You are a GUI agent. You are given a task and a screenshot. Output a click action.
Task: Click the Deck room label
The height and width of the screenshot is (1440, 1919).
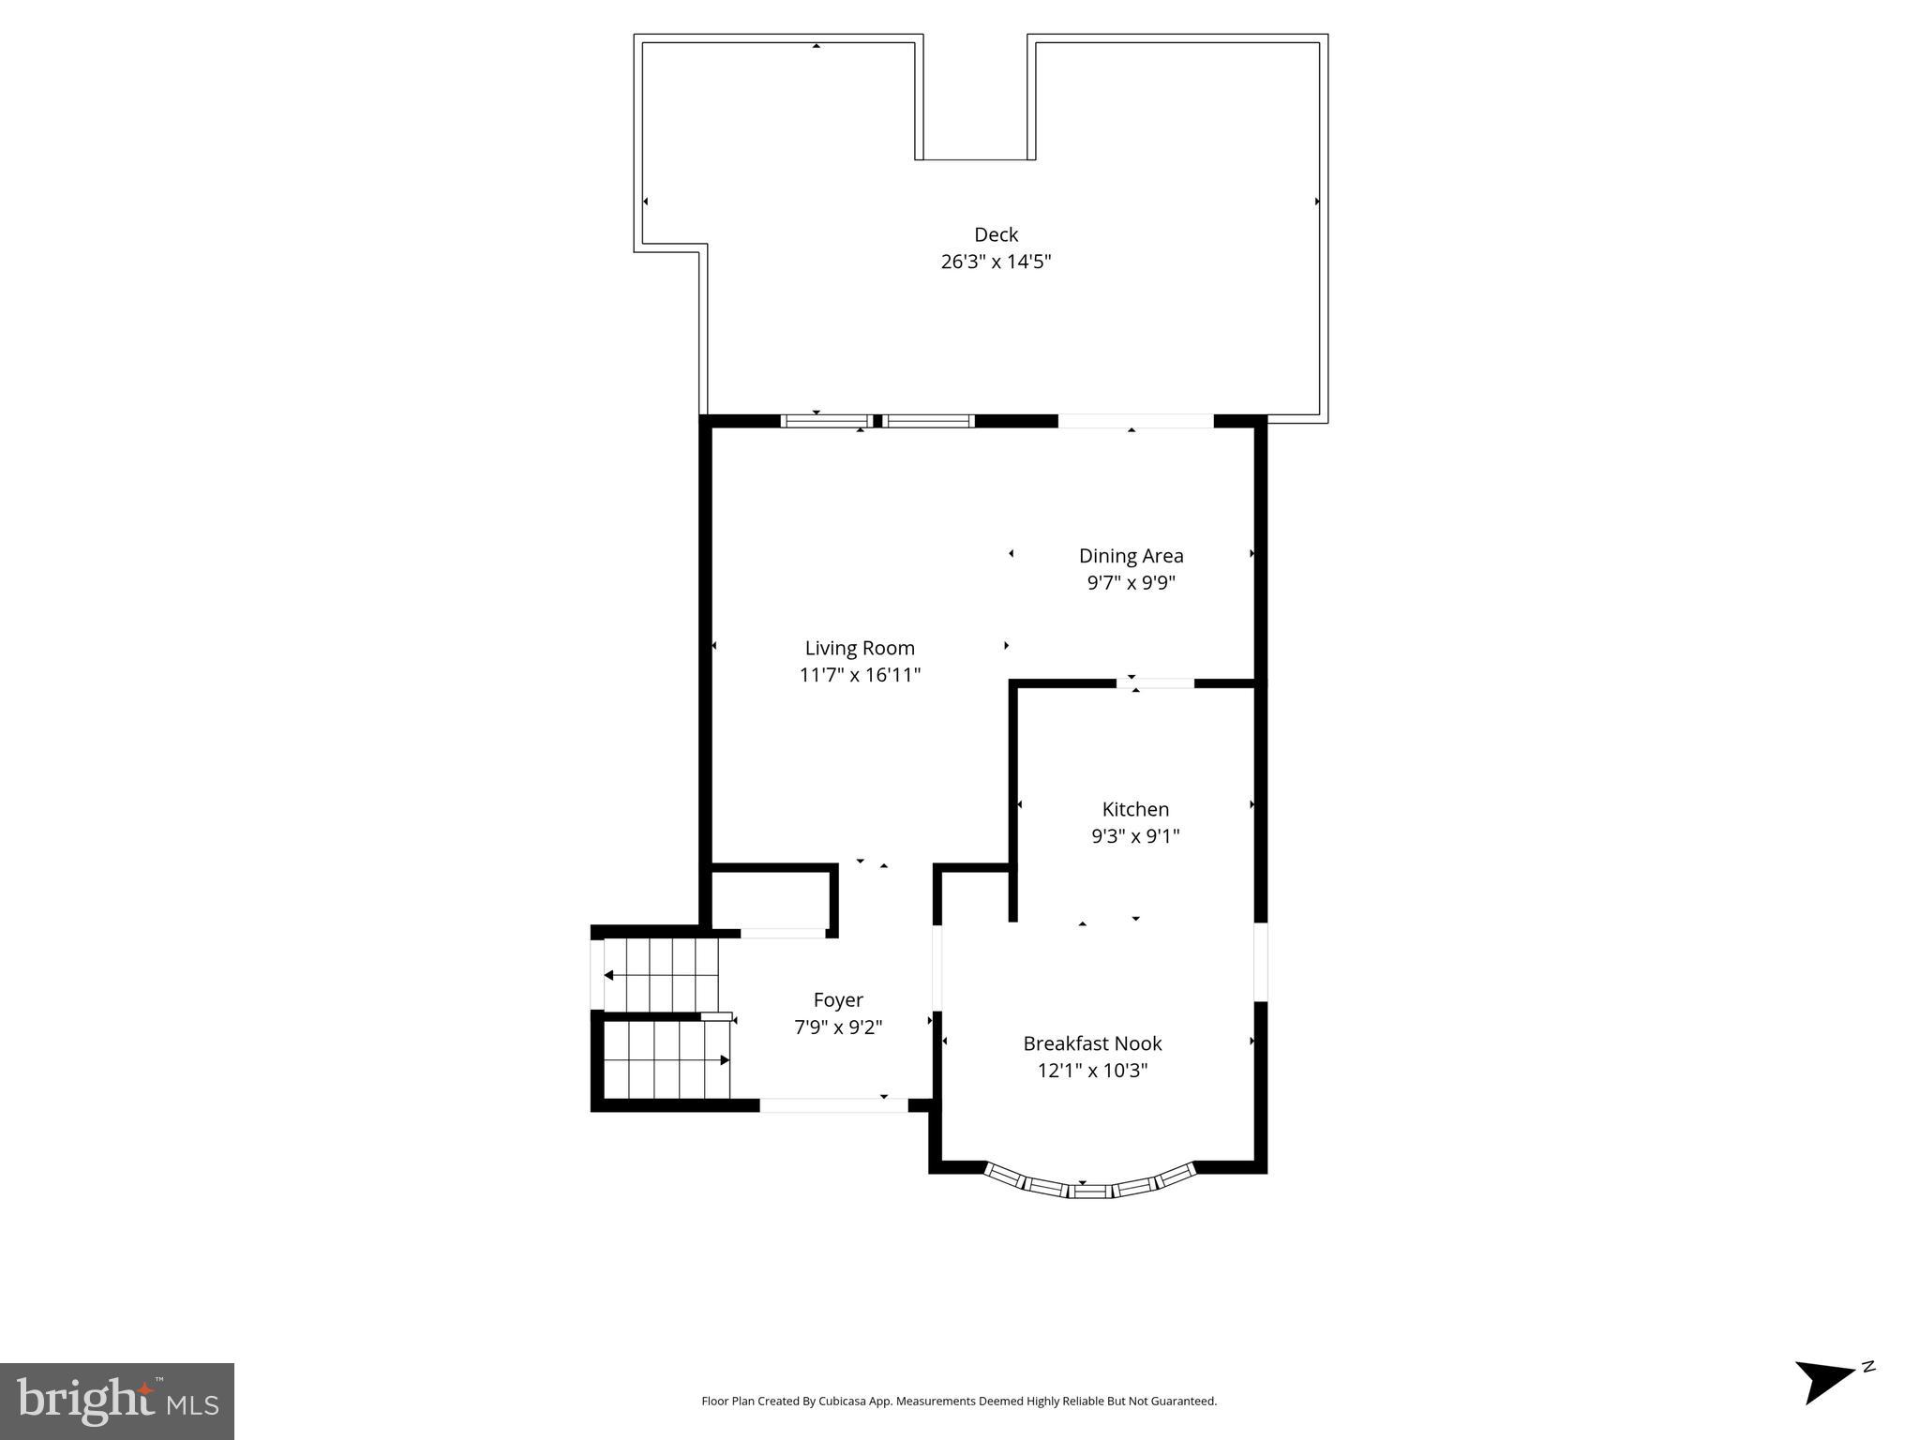(996, 234)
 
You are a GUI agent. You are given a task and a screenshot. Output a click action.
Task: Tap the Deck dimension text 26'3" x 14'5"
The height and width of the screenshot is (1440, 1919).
(996, 262)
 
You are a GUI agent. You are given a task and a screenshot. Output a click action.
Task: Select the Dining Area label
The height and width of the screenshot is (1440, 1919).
(1131, 556)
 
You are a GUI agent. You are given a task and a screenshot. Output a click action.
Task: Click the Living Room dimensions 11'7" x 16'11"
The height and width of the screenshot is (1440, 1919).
(860, 675)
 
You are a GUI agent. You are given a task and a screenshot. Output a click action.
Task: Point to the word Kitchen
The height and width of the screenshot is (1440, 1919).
(1135, 809)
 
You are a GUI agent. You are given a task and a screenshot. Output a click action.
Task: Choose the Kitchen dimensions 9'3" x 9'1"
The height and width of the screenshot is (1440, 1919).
(1135, 836)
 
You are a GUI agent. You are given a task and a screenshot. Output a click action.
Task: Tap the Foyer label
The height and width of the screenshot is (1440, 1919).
(838, 1000)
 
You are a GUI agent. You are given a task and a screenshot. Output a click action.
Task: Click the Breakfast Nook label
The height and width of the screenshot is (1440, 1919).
(1092, 1043)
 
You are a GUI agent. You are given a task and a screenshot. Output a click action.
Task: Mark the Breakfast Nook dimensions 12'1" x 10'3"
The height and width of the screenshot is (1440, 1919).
(1092, 1071)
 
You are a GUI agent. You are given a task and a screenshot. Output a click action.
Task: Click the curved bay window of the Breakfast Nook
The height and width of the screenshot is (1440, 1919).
(1090, 1189)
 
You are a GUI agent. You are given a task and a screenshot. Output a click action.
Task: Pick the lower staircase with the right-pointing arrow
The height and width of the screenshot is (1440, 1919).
(666, 1060)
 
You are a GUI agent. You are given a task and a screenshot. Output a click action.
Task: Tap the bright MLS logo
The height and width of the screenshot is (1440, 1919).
(117, 1401)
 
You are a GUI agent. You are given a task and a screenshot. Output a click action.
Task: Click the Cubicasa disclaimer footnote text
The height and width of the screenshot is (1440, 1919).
(959, 1402)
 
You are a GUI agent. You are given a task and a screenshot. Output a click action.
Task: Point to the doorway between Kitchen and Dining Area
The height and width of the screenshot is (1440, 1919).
(1155, 683)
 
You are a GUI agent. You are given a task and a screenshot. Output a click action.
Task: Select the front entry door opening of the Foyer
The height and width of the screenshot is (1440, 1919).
(833, 1105)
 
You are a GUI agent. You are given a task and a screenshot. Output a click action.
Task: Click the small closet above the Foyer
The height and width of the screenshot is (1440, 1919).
(771, 899)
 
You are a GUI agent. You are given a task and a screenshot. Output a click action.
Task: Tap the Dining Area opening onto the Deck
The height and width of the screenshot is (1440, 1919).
(1135, 422)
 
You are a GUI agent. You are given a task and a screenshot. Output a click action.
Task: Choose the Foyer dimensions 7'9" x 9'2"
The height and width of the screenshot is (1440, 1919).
(838, 1027)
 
